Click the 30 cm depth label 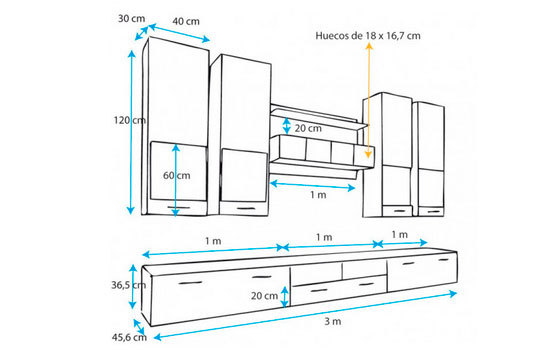coord(132,19)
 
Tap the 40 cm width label coord(186,21)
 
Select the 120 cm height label coord(130,120)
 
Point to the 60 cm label coord(177,175)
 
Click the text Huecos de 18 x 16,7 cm coord(368,36)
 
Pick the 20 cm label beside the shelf coord(308,128)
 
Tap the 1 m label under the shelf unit coord(318,195)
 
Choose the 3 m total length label coord(333,321)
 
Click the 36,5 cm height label coord(128,285)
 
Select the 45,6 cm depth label coord(129,337)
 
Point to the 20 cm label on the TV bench coord(264,296)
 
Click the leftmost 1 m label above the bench coord(213,241)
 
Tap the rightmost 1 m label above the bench coord(399,235)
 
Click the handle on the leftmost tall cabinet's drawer coord(179,207)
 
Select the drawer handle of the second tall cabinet coord(246,208)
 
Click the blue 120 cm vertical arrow coord(131,132)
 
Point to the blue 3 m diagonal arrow coord(305,316)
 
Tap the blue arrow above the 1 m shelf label coord(312,186)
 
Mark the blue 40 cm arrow coord(179,33)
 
